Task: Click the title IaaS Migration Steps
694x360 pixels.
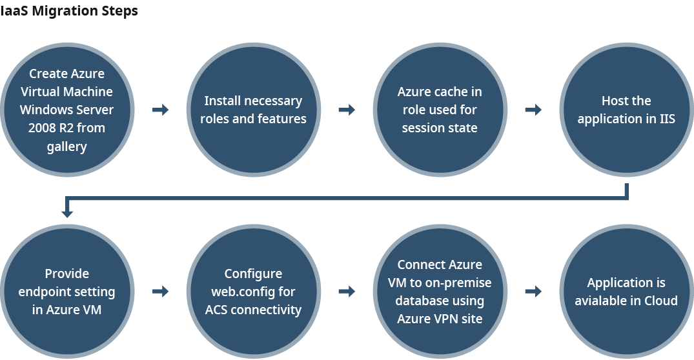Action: (69, 11)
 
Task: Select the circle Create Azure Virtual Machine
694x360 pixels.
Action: (66, 110)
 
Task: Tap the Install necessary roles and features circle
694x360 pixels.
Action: (253, 110)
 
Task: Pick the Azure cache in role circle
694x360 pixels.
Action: (440, 110)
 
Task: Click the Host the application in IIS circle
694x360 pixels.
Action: (626, 110)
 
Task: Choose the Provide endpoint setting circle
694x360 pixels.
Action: (66, 292)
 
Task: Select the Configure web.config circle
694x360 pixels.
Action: (253, 292)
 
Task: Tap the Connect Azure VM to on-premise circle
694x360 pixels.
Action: (440, 292)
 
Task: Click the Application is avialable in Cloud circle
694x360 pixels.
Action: (626, 292)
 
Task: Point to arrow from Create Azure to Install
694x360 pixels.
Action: (160, 110)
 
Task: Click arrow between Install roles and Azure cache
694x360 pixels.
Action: (347, 110)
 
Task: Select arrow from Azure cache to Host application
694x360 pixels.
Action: (533, 110)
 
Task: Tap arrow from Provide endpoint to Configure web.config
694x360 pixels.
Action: (160, 292)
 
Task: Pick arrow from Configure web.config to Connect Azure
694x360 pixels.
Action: (347, 292)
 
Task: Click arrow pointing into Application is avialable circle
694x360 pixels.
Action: (533, 292)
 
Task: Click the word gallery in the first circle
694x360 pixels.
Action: (66, 146)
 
